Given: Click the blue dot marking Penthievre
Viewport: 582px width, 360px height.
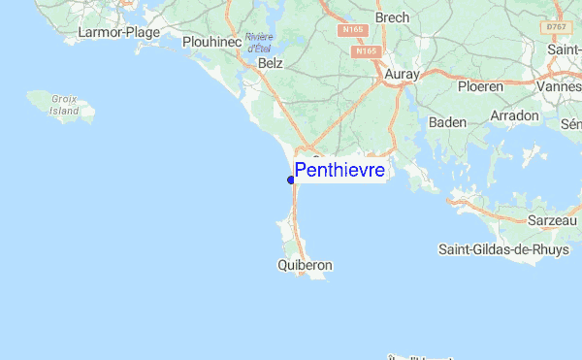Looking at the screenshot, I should point(291,180).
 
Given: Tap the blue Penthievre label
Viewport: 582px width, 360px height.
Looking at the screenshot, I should point(339,171).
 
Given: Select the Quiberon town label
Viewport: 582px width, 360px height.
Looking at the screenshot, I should point(305,264).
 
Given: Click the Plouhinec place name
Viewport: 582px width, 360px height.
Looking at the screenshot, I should point(211,42).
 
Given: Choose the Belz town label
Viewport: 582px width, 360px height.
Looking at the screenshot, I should point(271,62).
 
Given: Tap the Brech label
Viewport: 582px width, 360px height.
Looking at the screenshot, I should point(392,18).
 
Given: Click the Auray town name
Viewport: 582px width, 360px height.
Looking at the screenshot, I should point(401,74).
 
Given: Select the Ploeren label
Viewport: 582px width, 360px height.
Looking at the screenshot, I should point(480,86).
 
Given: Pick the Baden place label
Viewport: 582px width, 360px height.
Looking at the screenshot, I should point(447,122).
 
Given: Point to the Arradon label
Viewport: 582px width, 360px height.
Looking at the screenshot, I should point(515,115).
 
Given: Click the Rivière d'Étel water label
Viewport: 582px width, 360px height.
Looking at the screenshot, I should point(258,43).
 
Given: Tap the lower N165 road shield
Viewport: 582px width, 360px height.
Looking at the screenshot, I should point(366,51).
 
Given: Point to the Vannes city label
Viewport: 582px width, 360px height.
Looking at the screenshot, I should point(560,86).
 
